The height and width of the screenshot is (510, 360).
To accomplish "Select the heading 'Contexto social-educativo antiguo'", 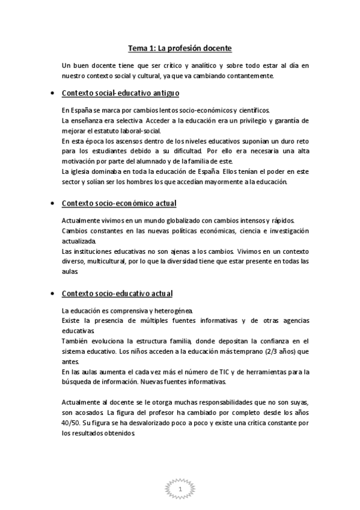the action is coord(121,94).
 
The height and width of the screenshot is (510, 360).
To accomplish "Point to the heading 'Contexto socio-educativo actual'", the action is coord(117,293).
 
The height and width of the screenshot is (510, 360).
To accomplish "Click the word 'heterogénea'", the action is coord(172,311).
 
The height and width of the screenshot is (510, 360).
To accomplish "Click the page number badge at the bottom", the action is coord(180,491).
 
